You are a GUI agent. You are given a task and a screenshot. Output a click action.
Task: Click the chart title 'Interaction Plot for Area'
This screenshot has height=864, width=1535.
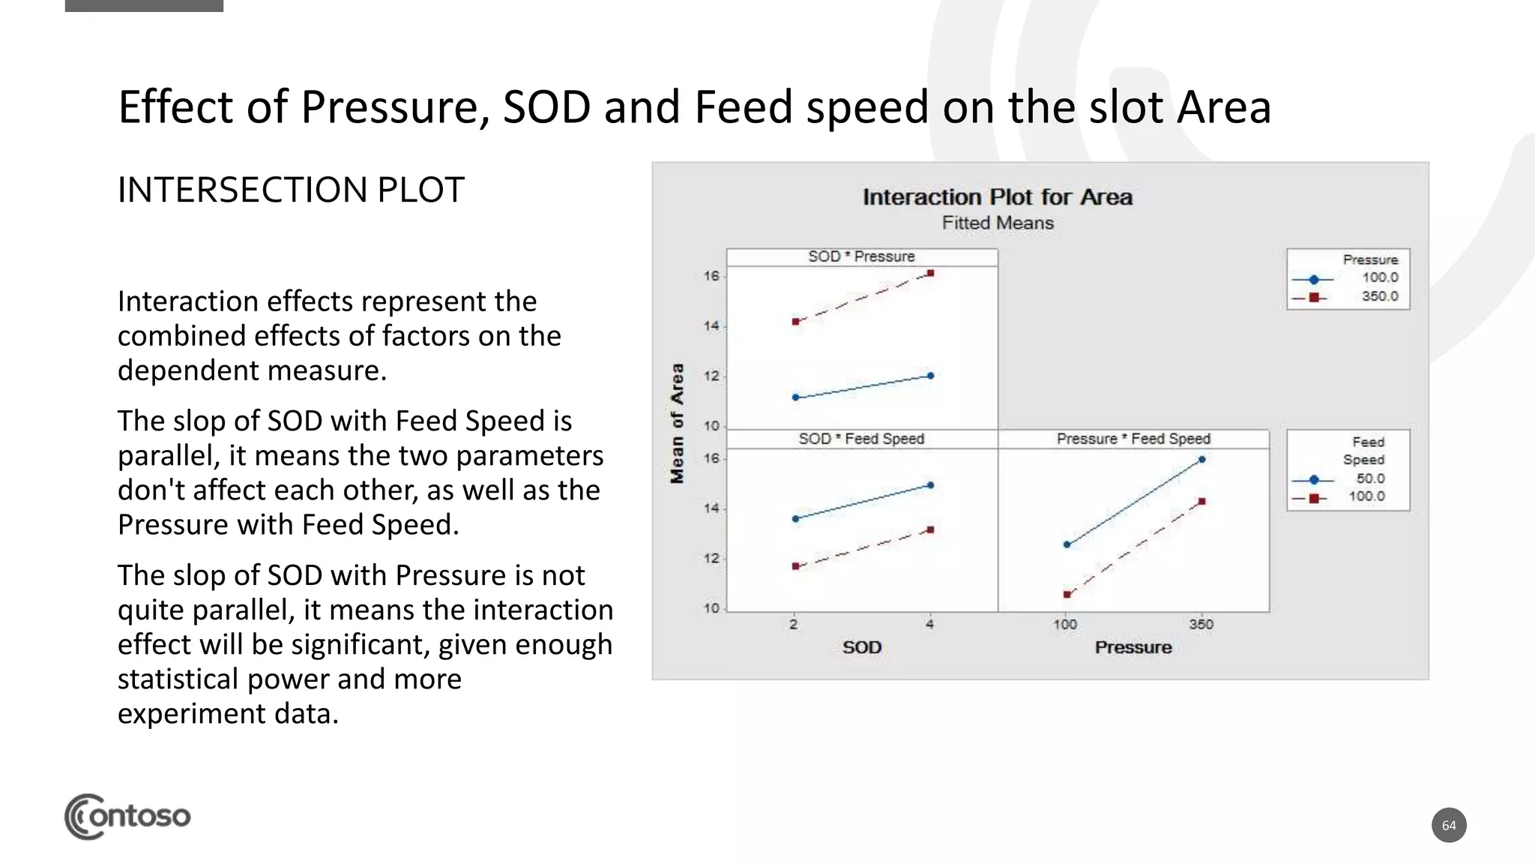click(997, 197)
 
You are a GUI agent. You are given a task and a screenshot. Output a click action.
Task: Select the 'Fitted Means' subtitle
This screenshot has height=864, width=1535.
click(998, 223)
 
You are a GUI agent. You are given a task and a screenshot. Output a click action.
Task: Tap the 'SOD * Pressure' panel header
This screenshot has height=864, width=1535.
click(861, 256)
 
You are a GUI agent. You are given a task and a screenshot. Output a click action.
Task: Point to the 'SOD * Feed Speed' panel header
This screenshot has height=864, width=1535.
click(861, 439)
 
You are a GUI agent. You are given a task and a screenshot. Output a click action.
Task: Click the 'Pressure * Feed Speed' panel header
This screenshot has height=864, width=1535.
click(1133, 439)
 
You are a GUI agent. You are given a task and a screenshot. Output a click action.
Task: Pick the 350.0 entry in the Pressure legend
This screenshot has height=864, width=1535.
click(1379, 296)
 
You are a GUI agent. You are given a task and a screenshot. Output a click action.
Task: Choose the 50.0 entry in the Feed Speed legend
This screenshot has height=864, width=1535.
click(1370, 478)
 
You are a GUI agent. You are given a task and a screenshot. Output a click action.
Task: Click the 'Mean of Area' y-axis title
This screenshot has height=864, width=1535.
click(678, 423)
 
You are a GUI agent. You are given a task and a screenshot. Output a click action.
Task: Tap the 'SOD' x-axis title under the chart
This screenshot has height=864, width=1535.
click(861, 647)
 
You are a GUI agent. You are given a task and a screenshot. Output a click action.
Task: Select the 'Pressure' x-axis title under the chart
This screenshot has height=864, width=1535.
click(1133, 647)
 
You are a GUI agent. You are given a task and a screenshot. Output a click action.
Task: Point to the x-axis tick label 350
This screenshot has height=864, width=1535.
click(1201, 624)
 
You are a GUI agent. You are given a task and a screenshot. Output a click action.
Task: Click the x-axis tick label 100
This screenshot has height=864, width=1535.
click(1065, 624)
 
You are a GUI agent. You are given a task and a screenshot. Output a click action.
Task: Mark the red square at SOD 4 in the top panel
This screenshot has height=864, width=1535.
click(930, 274)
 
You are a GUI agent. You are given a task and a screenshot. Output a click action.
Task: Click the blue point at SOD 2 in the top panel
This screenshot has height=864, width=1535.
click(795, 397)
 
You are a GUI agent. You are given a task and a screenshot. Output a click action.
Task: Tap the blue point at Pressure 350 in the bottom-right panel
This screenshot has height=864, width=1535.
click(1201, 460)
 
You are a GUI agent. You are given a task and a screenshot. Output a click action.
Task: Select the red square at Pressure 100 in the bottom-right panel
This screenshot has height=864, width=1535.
click(1067, 595)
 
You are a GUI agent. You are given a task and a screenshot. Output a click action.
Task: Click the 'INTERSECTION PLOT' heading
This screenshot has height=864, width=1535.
click(291, 190)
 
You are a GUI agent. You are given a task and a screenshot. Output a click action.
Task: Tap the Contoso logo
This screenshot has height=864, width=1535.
click(127, 816)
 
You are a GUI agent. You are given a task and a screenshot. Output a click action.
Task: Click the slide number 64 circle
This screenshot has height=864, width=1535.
click(1449, 826)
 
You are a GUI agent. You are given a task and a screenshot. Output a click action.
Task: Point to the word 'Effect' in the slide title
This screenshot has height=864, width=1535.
click(176, 106)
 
